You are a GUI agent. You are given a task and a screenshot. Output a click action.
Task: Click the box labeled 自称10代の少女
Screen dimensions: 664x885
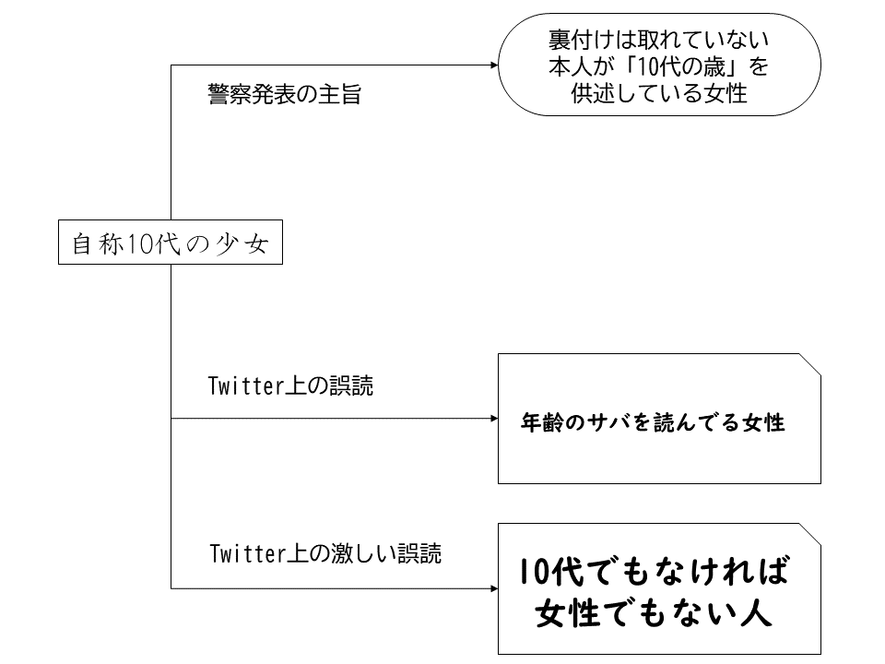(x=171, y=243)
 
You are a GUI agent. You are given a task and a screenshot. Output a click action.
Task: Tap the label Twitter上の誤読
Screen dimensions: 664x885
(x=291, y=386)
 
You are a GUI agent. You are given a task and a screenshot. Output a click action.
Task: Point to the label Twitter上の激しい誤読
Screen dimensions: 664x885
(x=325, y=553)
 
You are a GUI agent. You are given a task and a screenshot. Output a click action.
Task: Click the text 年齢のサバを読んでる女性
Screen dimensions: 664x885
(x=653, y=423)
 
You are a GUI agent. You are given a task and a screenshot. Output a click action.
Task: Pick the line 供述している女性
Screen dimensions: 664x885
(x=658, y=94)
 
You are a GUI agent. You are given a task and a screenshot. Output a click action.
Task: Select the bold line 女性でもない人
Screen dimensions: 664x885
(x=653, y=613)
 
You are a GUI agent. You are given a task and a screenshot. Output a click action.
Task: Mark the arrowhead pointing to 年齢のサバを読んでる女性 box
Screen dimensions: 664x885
(x=492, y=419)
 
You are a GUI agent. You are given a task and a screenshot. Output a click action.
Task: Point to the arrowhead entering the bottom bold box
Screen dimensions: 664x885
(x=492, y=587)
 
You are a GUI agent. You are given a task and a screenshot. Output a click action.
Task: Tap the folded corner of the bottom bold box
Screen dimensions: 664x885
(x=812, y=532)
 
